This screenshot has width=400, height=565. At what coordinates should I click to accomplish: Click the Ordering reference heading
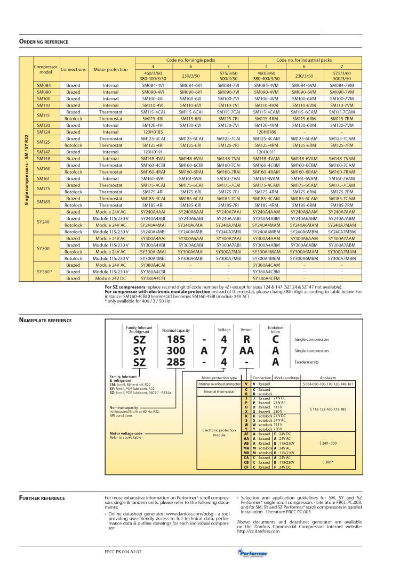pyautogui.click(x=44, y=42)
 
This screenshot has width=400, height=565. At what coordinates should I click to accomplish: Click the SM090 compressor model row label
pyautogui.click(x=43, y=92)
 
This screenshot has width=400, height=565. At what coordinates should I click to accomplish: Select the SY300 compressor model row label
pyautogui.click(x=43, y=248)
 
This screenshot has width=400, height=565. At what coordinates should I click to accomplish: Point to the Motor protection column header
pyautogui.click(x=111, y=69)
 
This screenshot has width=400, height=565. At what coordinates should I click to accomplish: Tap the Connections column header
pyautogui.click(x=73, y=69)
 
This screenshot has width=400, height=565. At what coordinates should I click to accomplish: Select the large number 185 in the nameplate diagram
pyautogui.click(x=175, y=339)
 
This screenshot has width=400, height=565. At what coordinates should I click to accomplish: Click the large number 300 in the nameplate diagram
pyautogui.click(x=175, y=350)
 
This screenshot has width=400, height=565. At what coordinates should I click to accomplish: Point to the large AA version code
pyautogui.click(x=246, y=350)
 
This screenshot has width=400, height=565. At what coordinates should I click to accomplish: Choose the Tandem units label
pyautogui.click(x=307, y=362)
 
